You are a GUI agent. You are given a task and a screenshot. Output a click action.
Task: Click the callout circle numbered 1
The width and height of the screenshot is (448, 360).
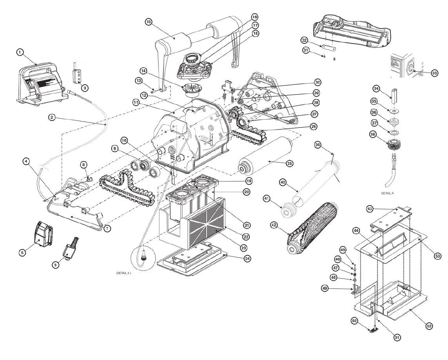point(20,52)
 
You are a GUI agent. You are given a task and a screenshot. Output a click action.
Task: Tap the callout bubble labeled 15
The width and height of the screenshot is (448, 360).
point(149,22)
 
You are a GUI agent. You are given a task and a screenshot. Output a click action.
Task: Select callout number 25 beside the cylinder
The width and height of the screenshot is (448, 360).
point(289,163)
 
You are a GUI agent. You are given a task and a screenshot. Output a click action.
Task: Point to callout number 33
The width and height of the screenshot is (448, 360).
point(434,73)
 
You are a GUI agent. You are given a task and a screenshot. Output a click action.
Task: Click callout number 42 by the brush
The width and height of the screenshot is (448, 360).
point(274,225)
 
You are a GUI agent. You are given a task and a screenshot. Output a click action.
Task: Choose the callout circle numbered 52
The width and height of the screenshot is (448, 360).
point(429,326)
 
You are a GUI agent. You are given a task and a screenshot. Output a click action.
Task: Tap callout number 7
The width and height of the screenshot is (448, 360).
point(108,228)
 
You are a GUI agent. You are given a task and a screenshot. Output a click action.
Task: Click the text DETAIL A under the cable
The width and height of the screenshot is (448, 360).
point(387,193)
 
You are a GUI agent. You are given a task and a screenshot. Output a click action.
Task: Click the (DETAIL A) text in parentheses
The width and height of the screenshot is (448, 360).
point(123,273)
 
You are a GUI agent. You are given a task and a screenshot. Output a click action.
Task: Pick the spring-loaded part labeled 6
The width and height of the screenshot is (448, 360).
point(70,248)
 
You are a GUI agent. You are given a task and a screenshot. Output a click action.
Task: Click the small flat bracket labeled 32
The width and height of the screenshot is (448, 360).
point(328,47)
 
